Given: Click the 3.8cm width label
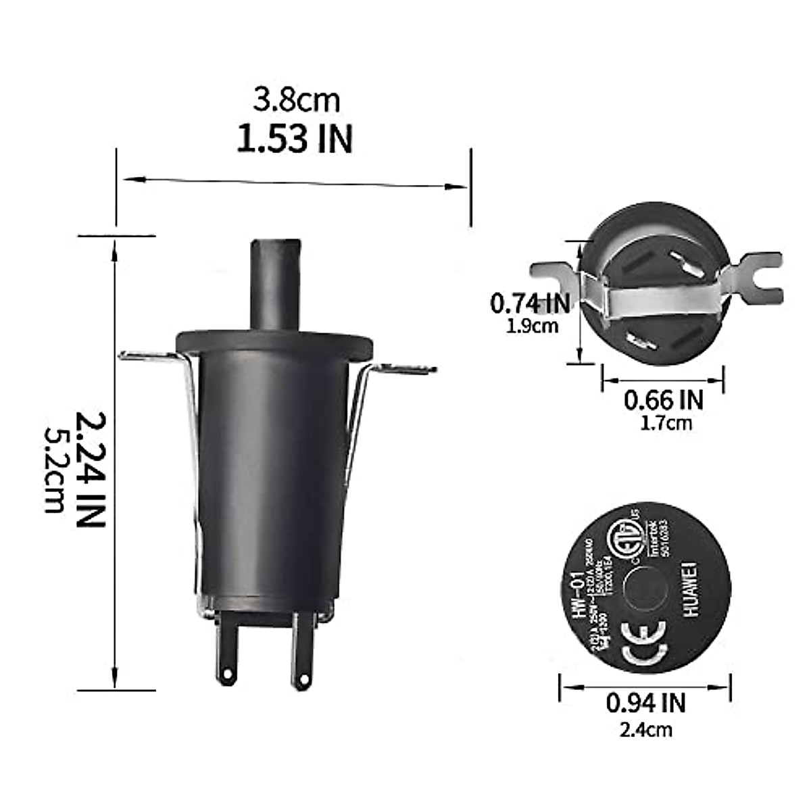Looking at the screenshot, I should [x=296, y=101].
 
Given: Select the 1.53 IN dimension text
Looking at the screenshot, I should [x=295, y=139].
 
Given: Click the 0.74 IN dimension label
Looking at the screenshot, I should [x=530, y=303].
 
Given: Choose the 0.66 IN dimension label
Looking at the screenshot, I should [x=663, y=400].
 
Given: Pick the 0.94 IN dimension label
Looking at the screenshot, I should [x=645, y=703].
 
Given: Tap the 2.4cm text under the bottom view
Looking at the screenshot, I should [x=645, y=729].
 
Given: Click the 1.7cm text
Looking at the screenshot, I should [x=666, y=424].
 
